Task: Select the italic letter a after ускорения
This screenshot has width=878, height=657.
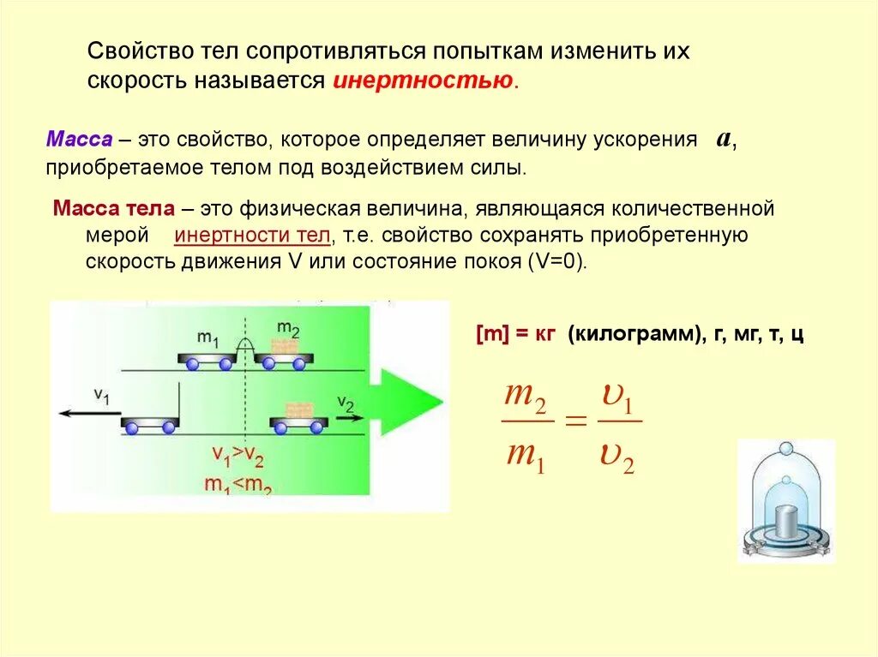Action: click(x=724, y=139)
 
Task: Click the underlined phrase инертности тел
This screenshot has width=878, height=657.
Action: click(x=252, y=236)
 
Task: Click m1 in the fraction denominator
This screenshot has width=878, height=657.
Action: click(x=526, y=452)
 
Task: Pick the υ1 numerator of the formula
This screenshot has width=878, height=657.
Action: click(x=617, y=399)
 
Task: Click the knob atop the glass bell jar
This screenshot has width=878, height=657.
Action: click(x=786, y=451)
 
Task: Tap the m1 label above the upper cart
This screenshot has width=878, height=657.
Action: click(x=208, y=338)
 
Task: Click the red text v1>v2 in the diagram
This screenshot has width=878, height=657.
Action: click(x=238, y=454)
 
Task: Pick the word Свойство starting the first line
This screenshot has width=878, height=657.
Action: click(x=129, y=51)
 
